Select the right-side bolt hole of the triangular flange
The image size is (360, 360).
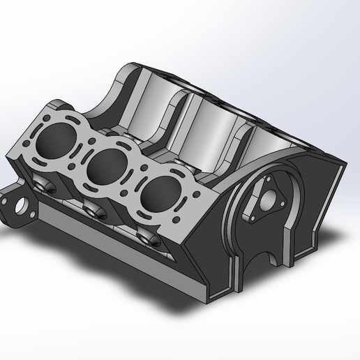(x=282, y=204)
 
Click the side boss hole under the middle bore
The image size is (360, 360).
(x=93, y=210)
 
